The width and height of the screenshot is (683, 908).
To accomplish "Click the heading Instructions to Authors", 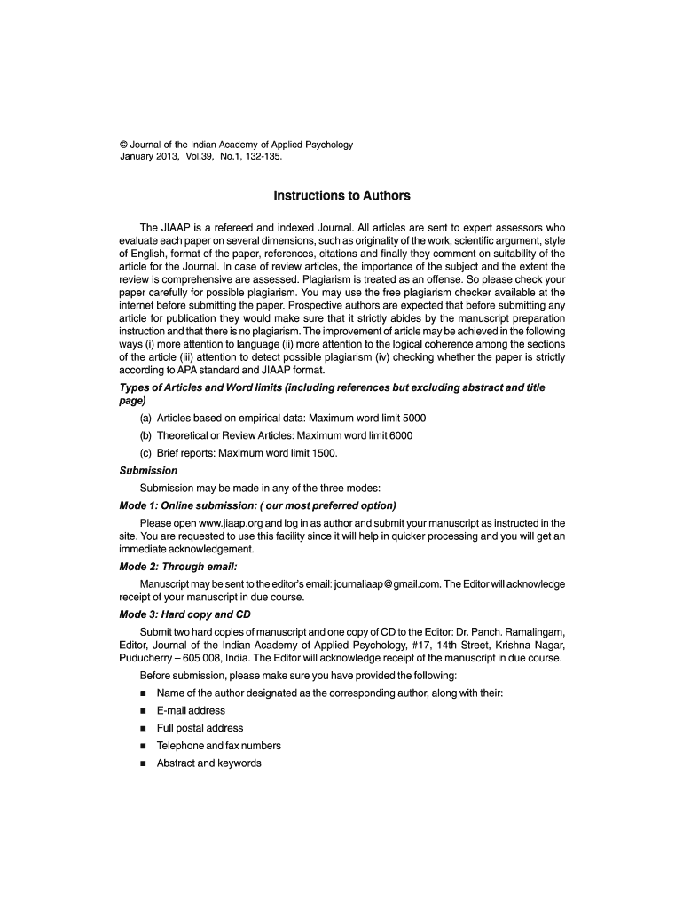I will coord(341,195).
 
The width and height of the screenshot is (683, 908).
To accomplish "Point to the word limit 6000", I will coord(398,435).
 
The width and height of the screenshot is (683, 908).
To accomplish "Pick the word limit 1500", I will coord(323,453).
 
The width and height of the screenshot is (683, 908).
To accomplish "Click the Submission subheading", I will coord(148,471).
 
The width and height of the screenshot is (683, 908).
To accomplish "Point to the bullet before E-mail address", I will coord(143,711).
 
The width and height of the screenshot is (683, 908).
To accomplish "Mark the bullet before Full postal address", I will coord(143,729).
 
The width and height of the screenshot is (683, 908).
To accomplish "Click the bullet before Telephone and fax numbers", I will coord(143,747).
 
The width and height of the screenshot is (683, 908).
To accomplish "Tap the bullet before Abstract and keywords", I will coord(143,763).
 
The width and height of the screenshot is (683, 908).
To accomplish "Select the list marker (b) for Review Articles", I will coord(145,435).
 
